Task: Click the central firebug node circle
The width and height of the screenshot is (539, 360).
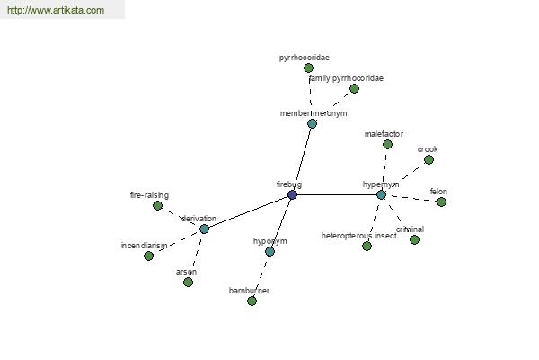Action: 292,194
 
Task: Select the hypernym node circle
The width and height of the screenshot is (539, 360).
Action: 381,194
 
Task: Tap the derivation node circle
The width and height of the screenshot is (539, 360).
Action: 204,229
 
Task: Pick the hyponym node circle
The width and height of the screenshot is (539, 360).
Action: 269,251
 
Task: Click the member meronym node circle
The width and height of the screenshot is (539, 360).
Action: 312,123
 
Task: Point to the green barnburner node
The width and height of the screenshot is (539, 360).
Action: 252,301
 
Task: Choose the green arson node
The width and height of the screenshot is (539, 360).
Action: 188,282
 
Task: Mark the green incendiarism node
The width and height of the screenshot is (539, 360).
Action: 148,256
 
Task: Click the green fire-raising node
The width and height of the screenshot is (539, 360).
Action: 157,205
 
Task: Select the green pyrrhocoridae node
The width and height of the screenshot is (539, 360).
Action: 308,67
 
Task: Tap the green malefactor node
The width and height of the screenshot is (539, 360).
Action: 387,144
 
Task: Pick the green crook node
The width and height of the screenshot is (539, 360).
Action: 429,159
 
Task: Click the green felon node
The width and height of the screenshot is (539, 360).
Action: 441,202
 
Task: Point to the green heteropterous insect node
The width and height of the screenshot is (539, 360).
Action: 367,246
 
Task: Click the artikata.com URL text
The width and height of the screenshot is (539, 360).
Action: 55,11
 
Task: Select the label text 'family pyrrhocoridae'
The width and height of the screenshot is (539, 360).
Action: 345,78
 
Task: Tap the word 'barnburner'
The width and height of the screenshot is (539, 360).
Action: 249,291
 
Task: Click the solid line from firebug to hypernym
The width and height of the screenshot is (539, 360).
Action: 337,194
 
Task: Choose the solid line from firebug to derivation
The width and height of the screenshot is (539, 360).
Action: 248,211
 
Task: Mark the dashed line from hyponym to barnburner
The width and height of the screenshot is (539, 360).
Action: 261,275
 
